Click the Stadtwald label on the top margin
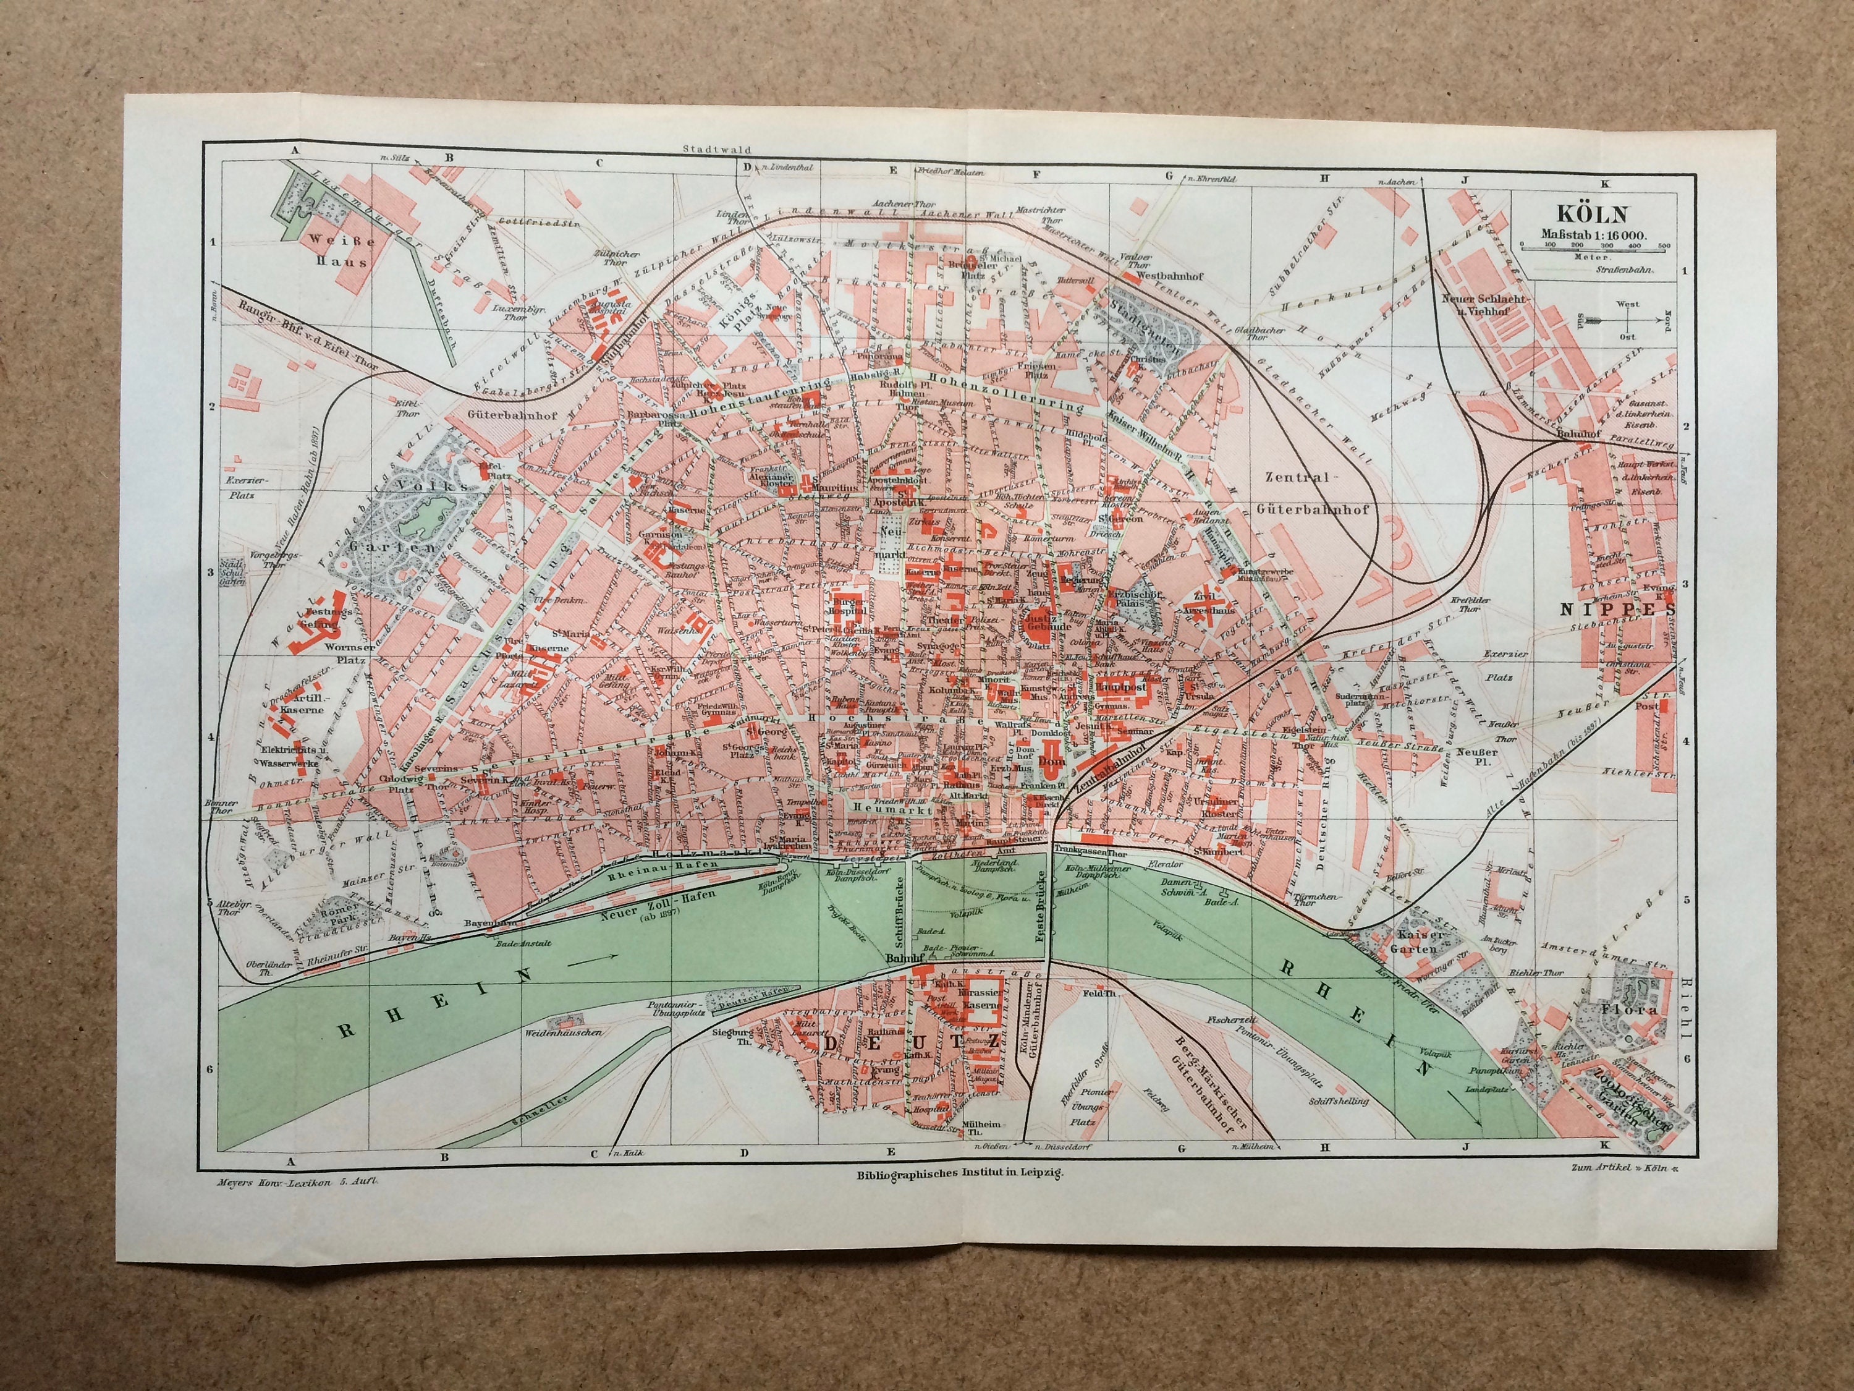pos(705,150)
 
